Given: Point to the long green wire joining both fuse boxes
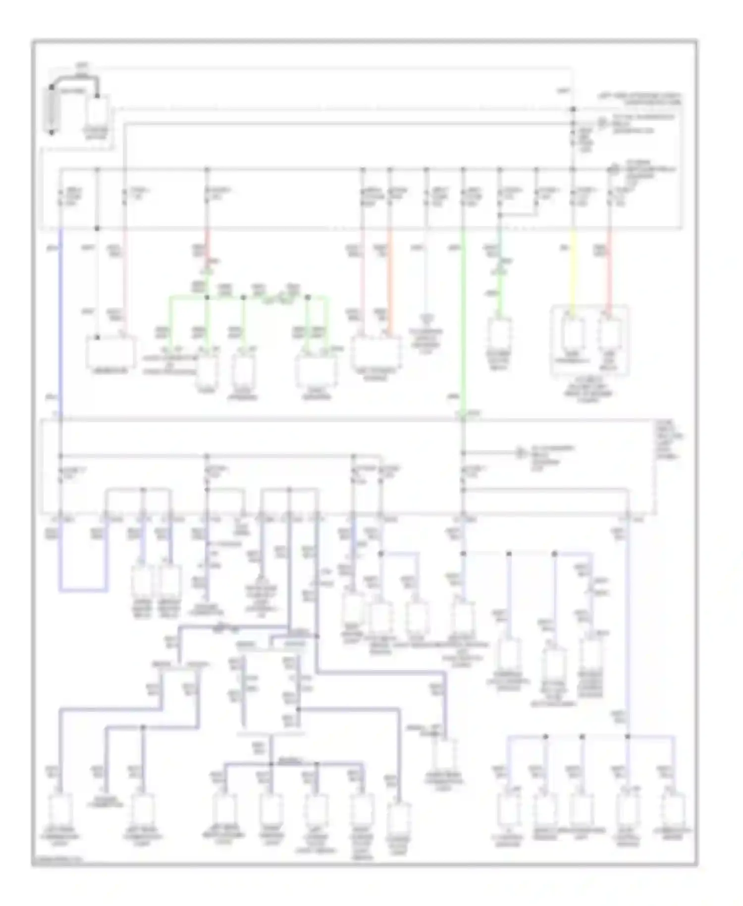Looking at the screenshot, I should coord(463,322).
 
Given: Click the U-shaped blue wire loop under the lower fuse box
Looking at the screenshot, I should coord(83,590).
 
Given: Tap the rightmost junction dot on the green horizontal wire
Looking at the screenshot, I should coord(308,297).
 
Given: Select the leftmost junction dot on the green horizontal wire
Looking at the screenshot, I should coord(207,297).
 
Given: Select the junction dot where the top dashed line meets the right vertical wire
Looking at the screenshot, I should coord(573,109).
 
